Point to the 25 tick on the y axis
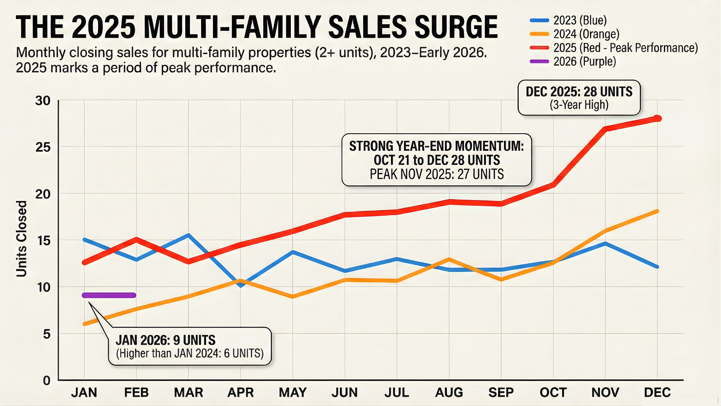click(x=43, y=147)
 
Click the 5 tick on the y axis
click(x=46, y=334)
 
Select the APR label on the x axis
click(x=240, y=393)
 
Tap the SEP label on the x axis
click(x=501, y=393)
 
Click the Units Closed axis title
click(x=21, y=239)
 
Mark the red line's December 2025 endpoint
click(x=658, y=118)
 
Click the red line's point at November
click(x=605, y=129)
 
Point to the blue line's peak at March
click(x=189, y=235)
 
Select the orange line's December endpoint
click(x=657, y=211)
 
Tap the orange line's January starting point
click(x=85, y=324)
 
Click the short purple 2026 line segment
click(x=109, y=295)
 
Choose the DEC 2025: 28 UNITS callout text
click(x=579, y=91)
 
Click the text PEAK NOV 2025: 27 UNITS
click(x=436, y=174)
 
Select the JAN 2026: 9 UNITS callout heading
click(x=166, y=340)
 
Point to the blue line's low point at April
click(x=241, y=286)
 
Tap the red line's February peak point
click(x=136, y=239)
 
